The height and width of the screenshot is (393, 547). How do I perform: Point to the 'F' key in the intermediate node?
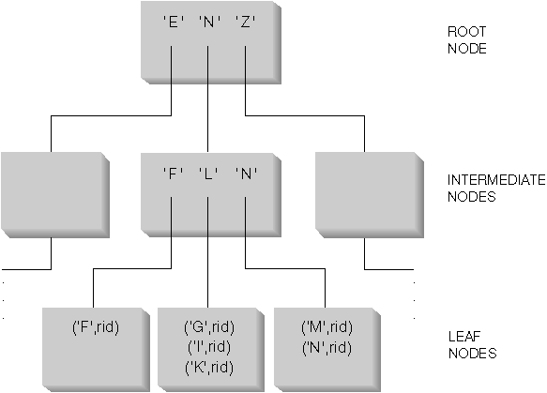(171, 173)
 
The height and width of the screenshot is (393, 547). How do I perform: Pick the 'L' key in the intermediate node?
(207, 173)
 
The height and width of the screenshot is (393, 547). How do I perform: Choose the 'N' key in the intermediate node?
(244, 173)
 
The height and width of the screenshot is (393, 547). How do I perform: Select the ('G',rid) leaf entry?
(208, 327)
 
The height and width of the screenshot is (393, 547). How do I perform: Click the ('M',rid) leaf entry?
(326, 327)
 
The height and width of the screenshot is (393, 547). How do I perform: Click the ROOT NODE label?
(466, 38)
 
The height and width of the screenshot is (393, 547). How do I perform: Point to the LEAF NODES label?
(471, 346)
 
